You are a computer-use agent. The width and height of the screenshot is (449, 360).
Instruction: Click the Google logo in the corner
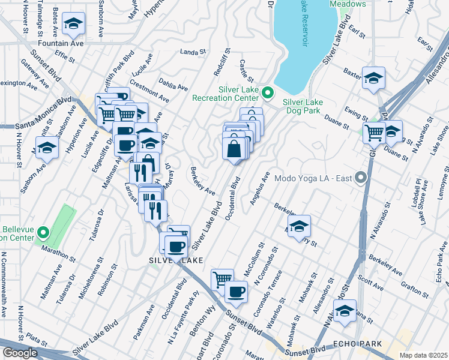coord(20,353)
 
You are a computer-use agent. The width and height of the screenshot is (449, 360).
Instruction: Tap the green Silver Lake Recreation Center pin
coord(268,92)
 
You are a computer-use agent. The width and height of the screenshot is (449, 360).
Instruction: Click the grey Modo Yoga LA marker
coord(360,178)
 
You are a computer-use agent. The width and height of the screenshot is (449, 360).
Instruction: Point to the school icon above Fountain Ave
coord(74,23)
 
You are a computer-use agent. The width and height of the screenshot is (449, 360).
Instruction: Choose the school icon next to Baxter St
coord(373,78)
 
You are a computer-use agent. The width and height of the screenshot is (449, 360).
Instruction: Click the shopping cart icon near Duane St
coord(374,131)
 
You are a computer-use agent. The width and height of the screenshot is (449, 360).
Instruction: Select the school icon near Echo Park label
coord(345,311)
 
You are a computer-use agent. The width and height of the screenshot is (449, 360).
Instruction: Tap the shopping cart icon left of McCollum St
coord(223,278)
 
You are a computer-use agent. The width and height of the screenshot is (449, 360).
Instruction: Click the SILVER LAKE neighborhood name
coord(176,260)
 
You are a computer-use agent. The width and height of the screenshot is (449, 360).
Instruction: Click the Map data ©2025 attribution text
coord(423,355)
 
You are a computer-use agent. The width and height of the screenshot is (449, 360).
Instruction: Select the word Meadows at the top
coord(348,4)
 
